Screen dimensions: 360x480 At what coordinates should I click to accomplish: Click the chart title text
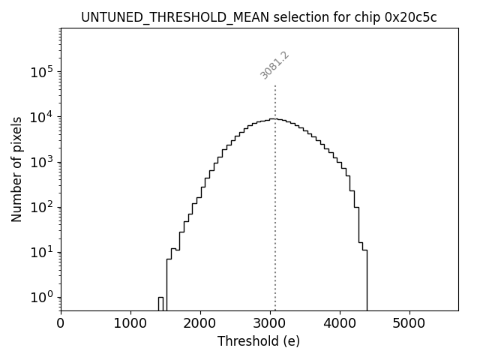pyautogui.click(x=259, y=17)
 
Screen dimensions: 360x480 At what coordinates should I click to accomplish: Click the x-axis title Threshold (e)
pyautogui.click(x=259, y=341)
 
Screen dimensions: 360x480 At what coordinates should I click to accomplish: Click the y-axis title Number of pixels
pyautogui.click(x=16, y=169)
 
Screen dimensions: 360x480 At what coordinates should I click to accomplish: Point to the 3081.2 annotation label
pyautogui.click(x=274, y=64)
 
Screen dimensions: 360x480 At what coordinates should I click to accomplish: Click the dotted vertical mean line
pyautogui.click(x=275, y=187)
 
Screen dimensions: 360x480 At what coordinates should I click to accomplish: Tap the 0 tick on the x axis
pyautogui.click(x=61, y=324)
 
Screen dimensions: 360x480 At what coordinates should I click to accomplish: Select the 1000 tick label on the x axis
pyautogui.click(x=130, y=324)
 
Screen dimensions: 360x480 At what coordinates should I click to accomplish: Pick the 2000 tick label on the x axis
pyautogui.click(x=200, y=324)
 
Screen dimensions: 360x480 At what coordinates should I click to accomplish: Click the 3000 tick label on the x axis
pyautogui.click(x=270, y=324)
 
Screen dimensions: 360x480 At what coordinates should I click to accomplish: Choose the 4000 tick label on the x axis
pyautogui.click(x=340, y=324)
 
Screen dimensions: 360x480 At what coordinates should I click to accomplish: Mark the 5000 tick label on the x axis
pyautogui.click(x=409, y=324)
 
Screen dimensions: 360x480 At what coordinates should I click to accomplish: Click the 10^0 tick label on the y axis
pyautogui.click(x=43, y=298)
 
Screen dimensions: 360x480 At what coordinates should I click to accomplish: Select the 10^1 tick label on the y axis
pyautogui.click(x=43, y=253)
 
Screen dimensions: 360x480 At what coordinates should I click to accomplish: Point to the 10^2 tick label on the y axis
pyautogui.click(x=43, y=208)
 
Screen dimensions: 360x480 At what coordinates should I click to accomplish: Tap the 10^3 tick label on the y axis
pyautogui.click(x=43, y=163)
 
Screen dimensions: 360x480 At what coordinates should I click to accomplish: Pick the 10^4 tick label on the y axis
pyautogui.click(x=43, y=117)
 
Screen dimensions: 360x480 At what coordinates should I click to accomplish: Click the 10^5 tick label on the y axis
pyautogui.click(x=43, y=72)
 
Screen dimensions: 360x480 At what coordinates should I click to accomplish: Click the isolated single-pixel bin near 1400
pyautogui.click(x=160, y=303)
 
